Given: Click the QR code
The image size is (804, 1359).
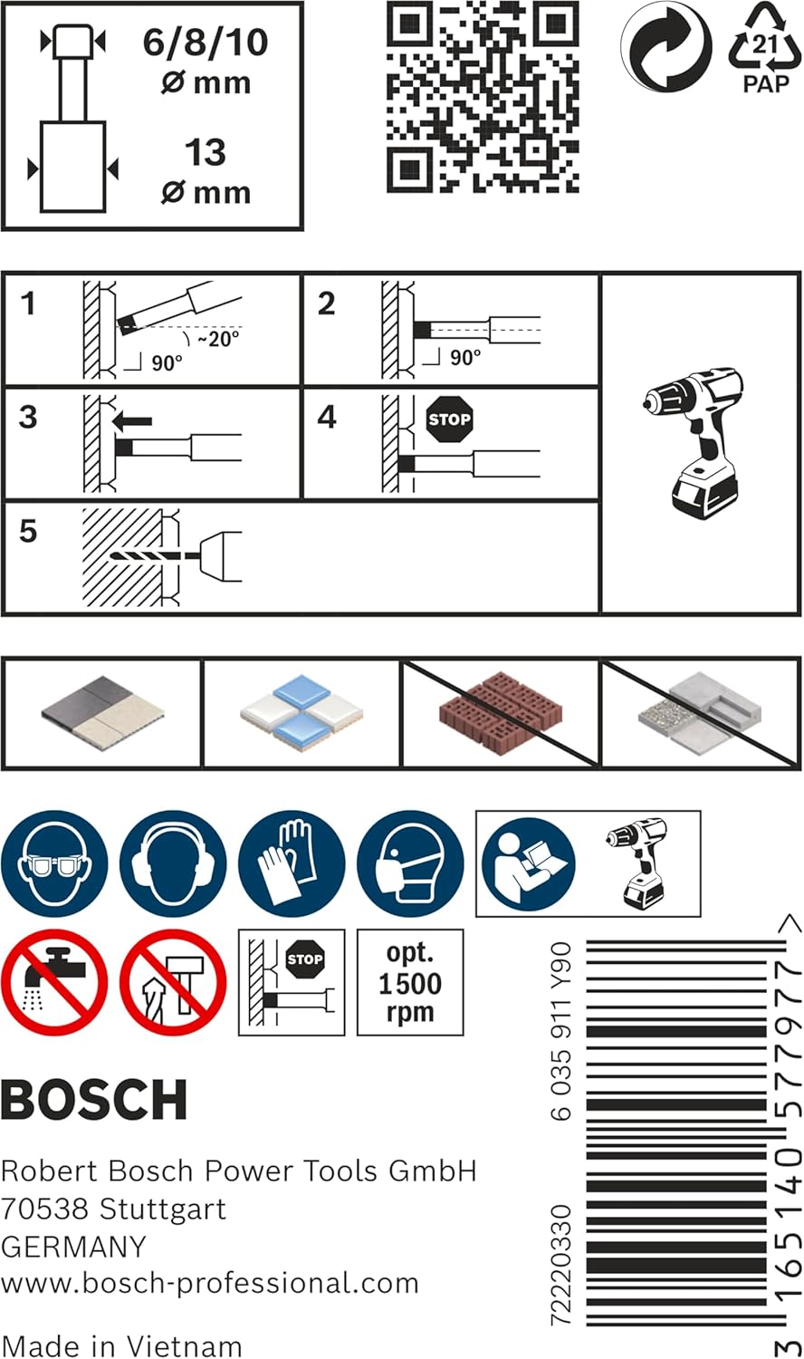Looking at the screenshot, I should [483, 97].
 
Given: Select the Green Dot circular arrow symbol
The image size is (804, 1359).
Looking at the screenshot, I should [665, 46].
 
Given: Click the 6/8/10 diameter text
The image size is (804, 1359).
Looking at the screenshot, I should [206, 43].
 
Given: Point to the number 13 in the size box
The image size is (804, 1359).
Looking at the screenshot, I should [206, 152].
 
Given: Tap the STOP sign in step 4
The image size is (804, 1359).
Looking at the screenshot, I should [449, 419].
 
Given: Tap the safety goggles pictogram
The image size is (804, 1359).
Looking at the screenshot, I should [54, 863].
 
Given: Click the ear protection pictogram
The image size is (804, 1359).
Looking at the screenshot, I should [173, 863].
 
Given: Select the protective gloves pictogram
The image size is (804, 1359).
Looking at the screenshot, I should [292, 863].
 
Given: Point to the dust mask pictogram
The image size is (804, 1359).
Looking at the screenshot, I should [410, 863].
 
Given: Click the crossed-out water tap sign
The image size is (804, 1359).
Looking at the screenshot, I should [54, 982].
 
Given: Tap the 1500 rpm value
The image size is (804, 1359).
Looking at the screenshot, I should [410, 983].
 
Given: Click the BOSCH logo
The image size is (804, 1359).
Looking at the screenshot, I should [94, 1100].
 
